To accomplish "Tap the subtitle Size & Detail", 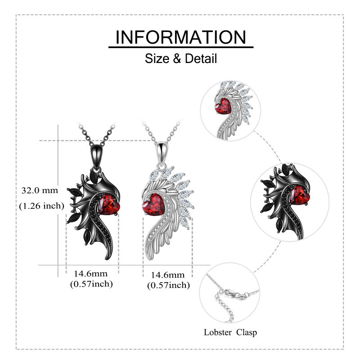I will click(181, 58).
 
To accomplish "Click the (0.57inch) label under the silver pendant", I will click(168, 285).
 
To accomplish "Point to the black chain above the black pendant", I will click(108, 133).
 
